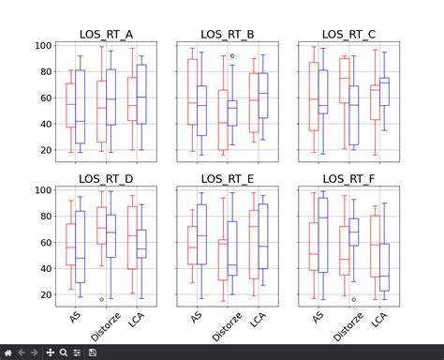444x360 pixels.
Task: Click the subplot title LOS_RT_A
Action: (x=103, y=35)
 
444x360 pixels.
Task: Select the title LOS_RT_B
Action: (x=224, y=35)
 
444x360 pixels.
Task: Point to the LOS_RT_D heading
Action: (x=103, y=178)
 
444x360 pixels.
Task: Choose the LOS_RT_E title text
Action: (x=224, y=178)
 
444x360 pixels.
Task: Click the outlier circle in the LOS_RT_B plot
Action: (x=232, y=56)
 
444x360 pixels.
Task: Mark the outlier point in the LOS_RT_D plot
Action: (x=102, y=299)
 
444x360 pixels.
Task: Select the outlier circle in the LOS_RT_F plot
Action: (x=353, y=299)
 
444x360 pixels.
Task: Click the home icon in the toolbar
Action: (x=8, y=352)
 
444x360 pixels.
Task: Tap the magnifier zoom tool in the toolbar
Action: (x=63, y=352)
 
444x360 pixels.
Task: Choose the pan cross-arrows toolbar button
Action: (x=50, y=352)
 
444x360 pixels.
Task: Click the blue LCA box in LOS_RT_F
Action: (x=384, y=266)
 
